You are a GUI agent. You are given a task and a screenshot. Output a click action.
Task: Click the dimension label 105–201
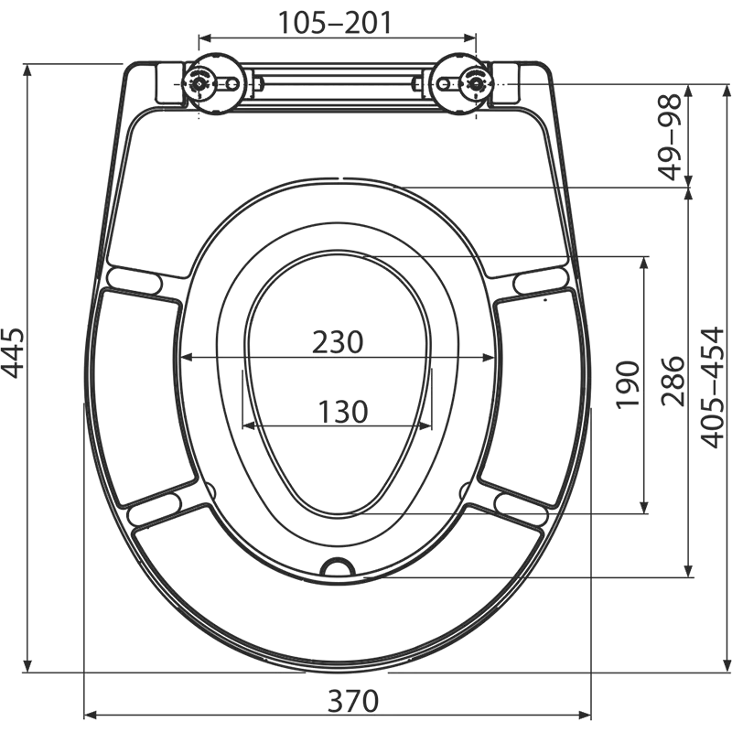(x=335, y=23)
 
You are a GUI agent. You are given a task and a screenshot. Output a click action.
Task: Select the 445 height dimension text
(x=13, y=353)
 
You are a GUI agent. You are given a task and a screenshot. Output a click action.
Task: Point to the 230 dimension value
(x=338, y=342)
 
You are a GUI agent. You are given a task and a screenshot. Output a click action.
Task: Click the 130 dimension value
(x=343, y=412)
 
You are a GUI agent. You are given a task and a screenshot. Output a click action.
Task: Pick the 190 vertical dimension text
(x=628, y=385)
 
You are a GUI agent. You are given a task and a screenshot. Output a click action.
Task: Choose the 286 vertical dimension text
(x=673, y=382)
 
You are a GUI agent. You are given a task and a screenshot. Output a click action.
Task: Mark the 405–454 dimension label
(x=713, y=388)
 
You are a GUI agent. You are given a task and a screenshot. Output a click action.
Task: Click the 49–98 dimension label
(x=670, y=136)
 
